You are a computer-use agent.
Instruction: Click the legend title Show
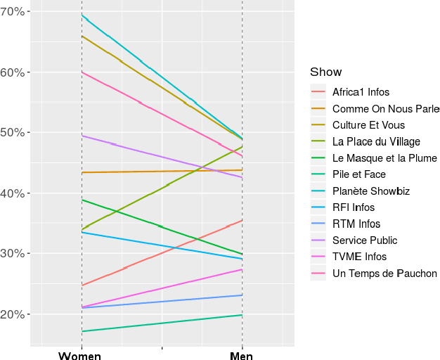click(x=325, y=72)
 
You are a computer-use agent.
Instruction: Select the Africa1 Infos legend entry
click(x=361, y=92)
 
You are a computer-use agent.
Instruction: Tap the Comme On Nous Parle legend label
click(x=385, y=109)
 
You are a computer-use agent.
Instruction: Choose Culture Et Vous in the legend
click(x=368, y=125)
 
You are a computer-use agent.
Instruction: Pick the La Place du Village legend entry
click(x=377, y=142)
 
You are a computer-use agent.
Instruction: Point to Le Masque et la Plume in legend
click(x=384, y=158)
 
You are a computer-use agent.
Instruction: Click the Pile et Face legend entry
click(x=359, y=174)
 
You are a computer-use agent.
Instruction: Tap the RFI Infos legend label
click(x=354, y=207)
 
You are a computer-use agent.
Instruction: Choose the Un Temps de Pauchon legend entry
click(x=384, y=274)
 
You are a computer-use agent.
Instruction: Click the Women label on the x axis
click(x=79, y=355)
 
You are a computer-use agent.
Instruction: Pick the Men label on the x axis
click(x=242, y=355)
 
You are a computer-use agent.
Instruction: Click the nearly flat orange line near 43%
click(x=162, y=171)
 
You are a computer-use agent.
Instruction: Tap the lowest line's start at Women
click(x=82, y=331)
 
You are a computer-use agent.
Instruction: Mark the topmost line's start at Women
click(x=82, y=15)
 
